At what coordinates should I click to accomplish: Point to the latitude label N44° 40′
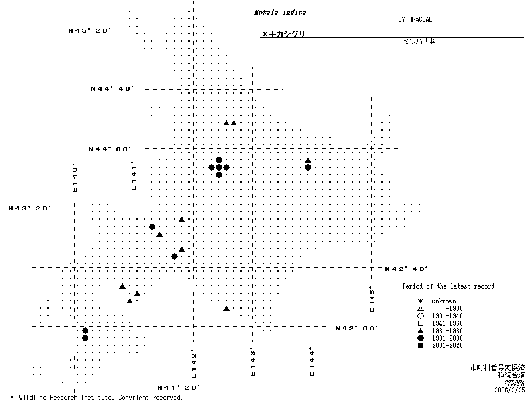point(112,89)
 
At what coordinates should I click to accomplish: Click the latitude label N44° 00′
point(110,149)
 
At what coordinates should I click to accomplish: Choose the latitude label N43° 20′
point(30,209)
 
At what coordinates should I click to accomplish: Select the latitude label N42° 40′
point(406,268)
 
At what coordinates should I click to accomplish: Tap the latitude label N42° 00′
point(357,328)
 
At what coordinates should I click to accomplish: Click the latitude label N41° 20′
point(178,387)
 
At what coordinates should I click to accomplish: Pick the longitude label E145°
point(372,299)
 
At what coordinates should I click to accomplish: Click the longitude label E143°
point(252,362)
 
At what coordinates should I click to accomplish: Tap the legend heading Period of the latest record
point(448,286)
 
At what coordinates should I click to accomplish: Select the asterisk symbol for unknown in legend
point(420,301)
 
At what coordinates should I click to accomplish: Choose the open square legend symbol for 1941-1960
point(420,323)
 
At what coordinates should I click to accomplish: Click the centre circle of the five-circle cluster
point(219,167)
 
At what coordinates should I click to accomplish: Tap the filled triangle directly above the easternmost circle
point(308,160)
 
